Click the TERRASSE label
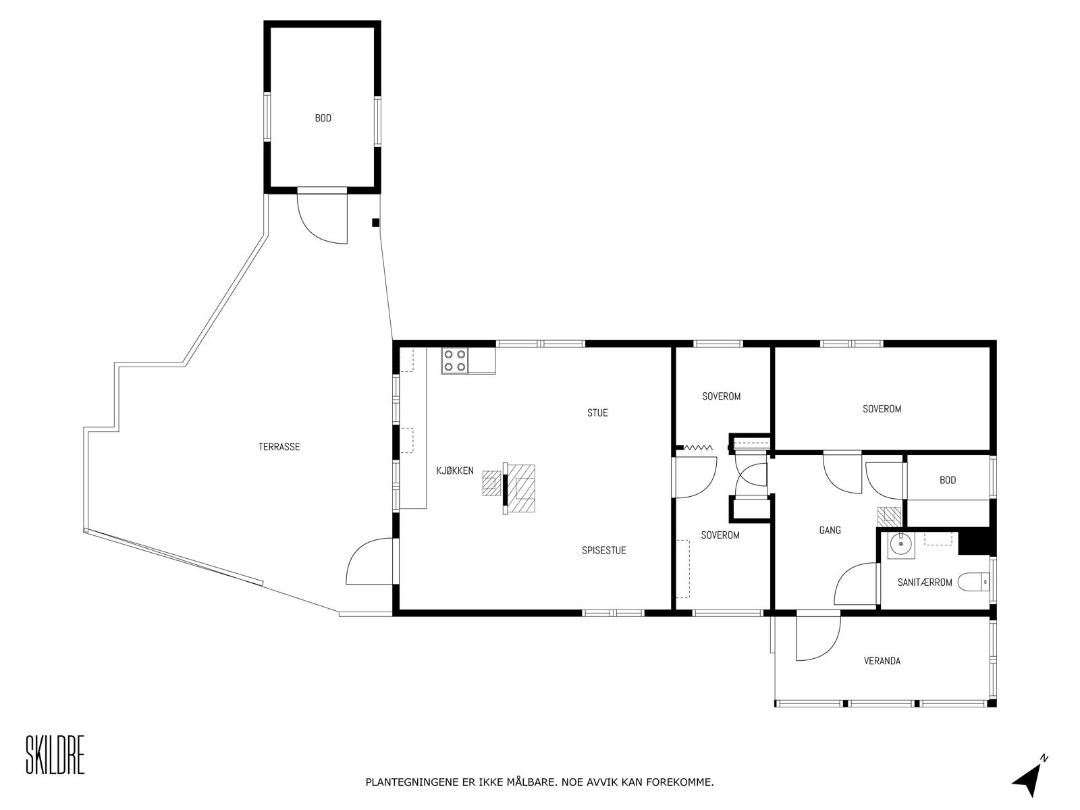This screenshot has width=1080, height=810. (279, 447)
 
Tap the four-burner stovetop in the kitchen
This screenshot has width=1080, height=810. (454, 360)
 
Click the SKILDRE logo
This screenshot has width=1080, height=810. (55, 756)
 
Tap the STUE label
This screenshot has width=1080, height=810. (597, 412)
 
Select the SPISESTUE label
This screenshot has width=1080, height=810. (603, 550)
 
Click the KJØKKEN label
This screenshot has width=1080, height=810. (455, 471)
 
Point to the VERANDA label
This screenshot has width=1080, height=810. (882, 661)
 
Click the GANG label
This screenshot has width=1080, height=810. (830, 530)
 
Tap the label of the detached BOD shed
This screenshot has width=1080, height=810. (323, 118)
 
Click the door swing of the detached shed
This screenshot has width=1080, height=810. (322, 219)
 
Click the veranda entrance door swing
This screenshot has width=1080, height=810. (818, 638)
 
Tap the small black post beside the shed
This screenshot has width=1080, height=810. (376, 223)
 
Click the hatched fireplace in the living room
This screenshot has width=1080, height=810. (520, 489)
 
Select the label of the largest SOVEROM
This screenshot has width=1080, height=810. (882, 409)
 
